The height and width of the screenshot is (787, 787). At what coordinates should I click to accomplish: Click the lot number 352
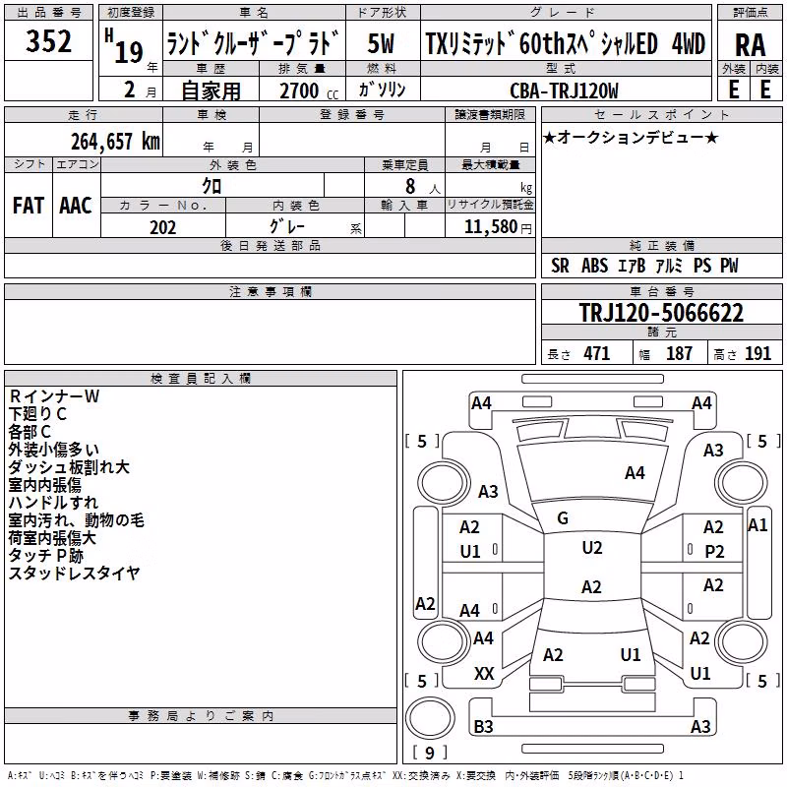[x=48, y=41]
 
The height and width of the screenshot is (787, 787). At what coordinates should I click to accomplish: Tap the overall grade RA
[x=750, y=45]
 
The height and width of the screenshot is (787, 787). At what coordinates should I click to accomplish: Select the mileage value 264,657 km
[x=115, y=142]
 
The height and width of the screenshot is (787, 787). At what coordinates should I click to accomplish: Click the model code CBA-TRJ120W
[x=564, y=91]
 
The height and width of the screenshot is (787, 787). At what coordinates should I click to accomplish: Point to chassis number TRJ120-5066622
[x=661, y=313]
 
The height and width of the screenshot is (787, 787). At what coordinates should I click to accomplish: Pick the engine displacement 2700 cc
[x=309, y=91]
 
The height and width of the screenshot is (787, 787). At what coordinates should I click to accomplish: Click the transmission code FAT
[x=29, y=206]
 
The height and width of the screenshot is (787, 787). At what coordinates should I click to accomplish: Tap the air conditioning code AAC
[x=76, y=206]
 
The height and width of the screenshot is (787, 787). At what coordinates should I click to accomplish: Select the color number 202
[x=162, y=227]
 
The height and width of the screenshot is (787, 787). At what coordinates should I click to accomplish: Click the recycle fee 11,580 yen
[x=498, y=227]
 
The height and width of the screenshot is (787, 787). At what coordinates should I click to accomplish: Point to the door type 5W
[x=381, y=43]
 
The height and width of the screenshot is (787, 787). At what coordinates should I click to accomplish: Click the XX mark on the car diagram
[x=484, y=674]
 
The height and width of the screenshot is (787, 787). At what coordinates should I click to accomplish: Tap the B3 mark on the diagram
[x=483, y=726]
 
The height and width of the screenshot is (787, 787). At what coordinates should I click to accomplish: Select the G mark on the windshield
[x=563, y=518]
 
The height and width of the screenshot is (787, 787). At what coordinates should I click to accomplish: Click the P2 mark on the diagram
[x=714, y=552]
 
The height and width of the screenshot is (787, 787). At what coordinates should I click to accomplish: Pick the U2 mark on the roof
[x=592, y=548]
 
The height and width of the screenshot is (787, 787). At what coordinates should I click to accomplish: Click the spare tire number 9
[x=429, y=753]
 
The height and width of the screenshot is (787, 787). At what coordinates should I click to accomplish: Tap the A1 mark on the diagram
[x=757, y=525]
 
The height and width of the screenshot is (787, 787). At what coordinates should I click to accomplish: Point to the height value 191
[x=757, y=353]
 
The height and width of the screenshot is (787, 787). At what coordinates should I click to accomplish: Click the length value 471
[x=597, y=353]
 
